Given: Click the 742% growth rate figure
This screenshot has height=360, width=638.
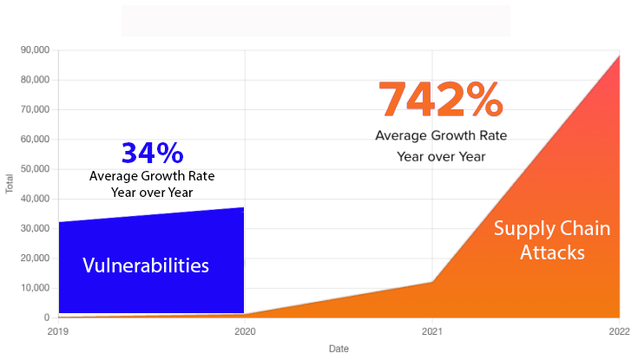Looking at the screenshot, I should (x=441, y=100).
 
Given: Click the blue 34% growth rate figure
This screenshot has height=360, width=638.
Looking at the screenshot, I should (x=152, y=153).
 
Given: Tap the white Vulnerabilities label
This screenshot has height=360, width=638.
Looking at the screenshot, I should (x=146, y=265).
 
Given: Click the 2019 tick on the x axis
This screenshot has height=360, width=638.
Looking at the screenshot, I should (x=57, y=331).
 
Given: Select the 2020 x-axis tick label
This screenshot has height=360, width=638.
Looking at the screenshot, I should (x=245, y=331).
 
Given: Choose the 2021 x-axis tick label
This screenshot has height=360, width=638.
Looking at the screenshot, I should (x=432, y=331).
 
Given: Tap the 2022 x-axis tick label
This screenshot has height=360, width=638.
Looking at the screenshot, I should (x=620, y=331).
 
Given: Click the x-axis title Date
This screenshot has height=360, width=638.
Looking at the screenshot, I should (x=339, y=349).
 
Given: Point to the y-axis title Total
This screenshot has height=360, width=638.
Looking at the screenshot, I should (x=10, y=184).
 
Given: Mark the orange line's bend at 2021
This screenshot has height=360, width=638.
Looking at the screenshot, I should (x=432, y=282).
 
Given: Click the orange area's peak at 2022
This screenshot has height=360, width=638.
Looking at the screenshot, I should (x=619, y=55).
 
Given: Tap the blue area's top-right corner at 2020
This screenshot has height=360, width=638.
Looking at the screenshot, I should (x=244, y=207).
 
